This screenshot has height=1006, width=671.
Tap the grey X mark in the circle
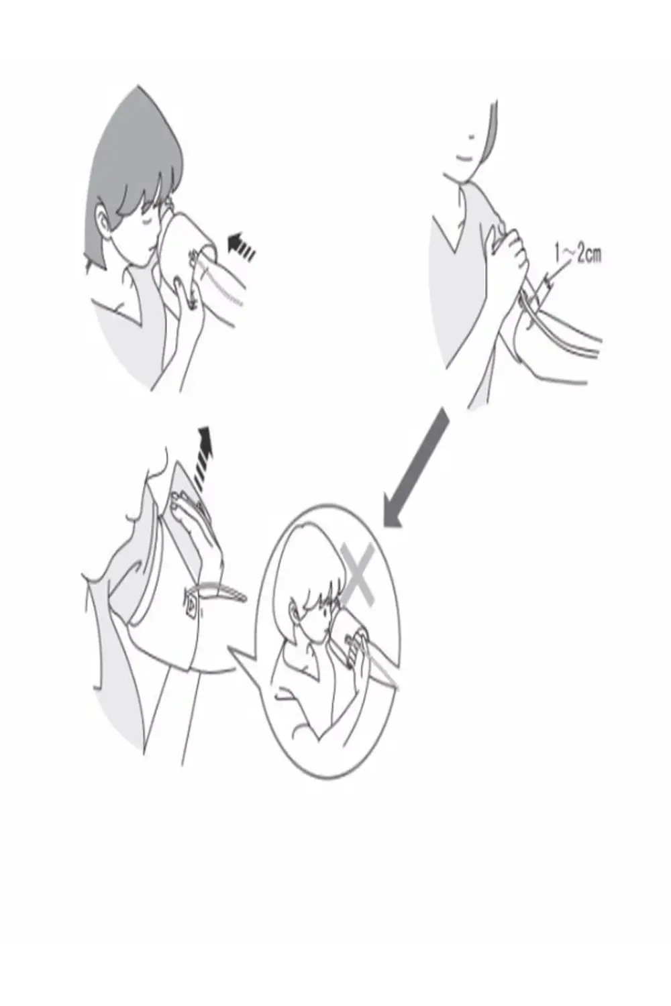coord(357,574)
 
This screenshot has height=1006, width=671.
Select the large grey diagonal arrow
coord(416,467)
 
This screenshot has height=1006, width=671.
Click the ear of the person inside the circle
coord(294,612)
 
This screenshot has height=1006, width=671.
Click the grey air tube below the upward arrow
coord(220,592)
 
